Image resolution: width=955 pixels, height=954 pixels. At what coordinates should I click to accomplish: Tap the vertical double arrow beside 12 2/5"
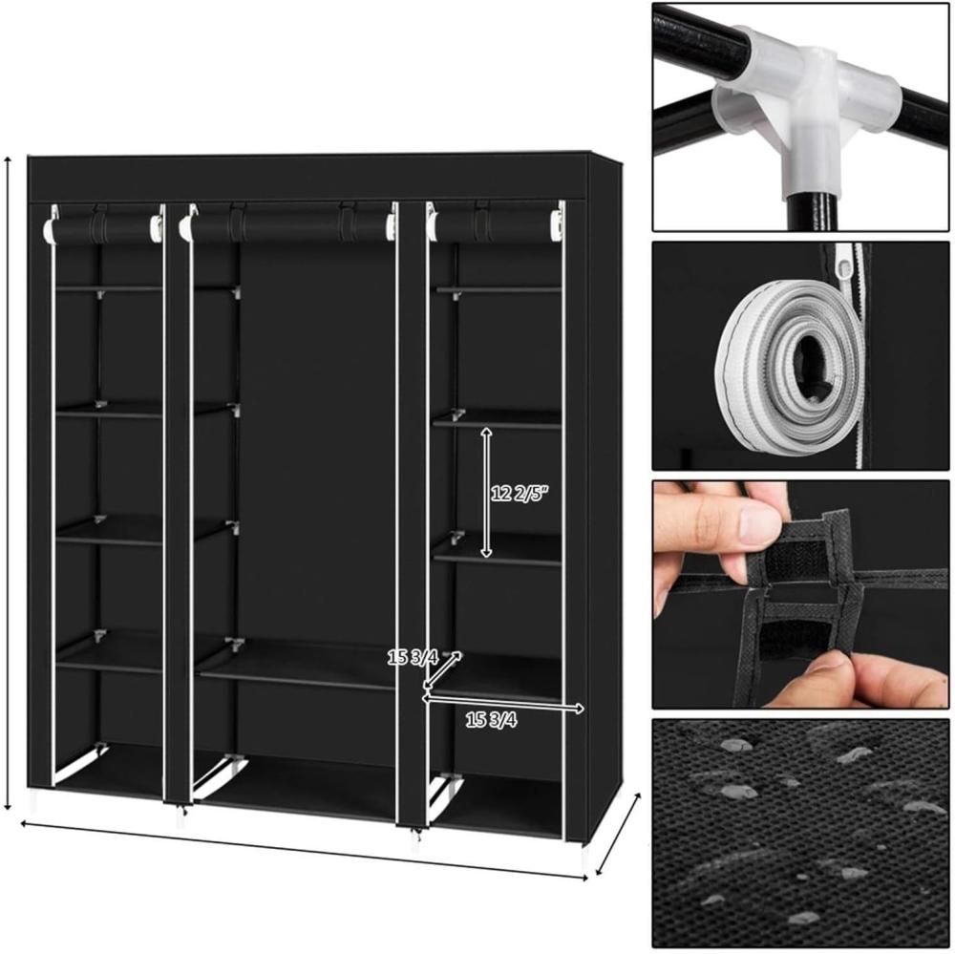(486, 492)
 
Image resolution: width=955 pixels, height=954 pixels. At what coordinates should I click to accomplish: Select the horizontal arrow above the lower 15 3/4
(503, 704)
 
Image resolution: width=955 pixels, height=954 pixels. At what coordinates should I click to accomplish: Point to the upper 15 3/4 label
(413, 657)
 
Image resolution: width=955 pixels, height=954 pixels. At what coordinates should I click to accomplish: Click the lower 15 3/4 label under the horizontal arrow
(492, 720)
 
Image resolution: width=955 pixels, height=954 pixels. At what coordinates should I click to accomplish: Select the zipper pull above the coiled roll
(845, 262)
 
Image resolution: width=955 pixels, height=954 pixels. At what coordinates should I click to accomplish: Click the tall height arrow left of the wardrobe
(8, 483)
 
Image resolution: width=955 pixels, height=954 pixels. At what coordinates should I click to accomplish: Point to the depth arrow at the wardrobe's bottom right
(618, 834)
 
